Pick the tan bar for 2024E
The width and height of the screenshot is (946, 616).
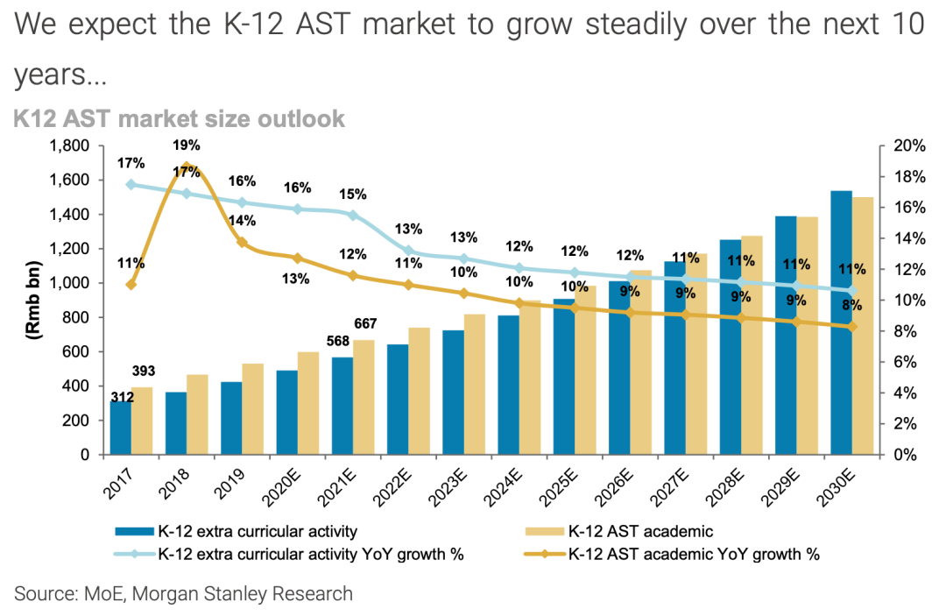(530, 377)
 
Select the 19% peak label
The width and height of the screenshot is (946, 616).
(186, 145)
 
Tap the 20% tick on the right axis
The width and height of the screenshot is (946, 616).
(907, 145)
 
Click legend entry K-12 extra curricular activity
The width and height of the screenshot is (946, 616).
(258, 531)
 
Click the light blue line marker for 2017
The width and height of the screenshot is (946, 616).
(131, 185)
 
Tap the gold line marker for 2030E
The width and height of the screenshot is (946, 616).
(851, 327)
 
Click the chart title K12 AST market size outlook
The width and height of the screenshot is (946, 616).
(179, 118)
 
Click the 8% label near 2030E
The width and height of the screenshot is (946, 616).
(851, 306)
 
